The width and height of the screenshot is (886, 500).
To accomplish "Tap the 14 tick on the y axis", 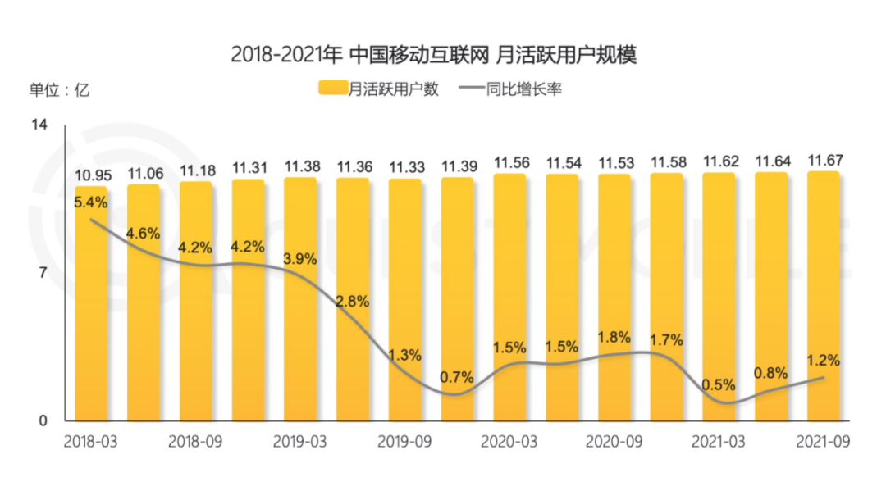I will (39, 125).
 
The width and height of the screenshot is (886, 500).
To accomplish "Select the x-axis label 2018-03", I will (90, 441).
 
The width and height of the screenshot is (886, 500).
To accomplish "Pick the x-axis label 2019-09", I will (404, 441).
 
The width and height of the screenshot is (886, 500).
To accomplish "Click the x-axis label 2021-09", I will (823, 441).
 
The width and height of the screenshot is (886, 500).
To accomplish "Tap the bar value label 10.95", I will (91, 174).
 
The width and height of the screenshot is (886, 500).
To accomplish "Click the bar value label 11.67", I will (824, 159).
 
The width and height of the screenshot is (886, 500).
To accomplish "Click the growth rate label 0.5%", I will (719, 384).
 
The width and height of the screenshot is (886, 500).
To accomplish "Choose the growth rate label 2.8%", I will (353, 302).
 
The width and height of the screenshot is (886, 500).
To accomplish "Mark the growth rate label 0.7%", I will (457, 377).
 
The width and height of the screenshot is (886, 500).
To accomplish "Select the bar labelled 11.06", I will (143, 303).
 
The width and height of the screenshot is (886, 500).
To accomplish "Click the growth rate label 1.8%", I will (614, 337).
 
